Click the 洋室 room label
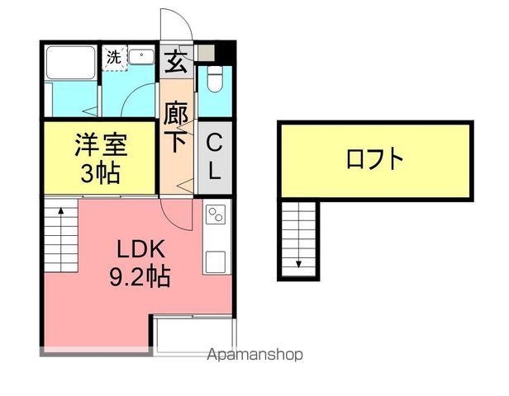pos(101,146)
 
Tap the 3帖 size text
pos(101,173)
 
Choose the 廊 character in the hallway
pos(174,112)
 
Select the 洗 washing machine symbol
pos(112,57)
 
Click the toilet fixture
pos(215,80)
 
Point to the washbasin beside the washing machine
pos(142,58)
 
